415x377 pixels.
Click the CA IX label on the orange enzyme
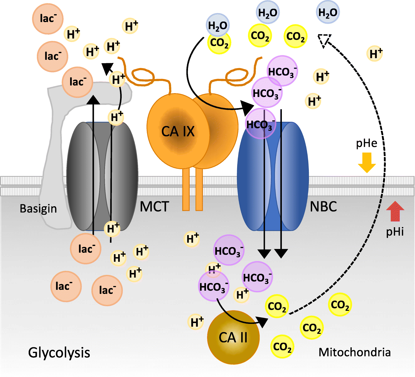pyautogui.click(x=178, y=132)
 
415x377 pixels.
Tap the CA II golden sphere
pyautogui.click(x=233, y=338)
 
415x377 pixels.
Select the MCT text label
pyautogui.click(x=154, y=207)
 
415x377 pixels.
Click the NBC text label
pyautogui.click(x=323, y=207)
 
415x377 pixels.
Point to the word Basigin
pyautogui.click(x=38, y=209)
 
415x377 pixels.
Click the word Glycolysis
pyautogui.click(x=59, y=353)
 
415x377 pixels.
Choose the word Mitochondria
pyautogui.click(x=354, y=352)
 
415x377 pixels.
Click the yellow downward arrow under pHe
pyautogui.click(x=367, y=162)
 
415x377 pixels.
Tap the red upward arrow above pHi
pyautogui.click(x=395, y=211)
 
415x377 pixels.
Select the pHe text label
pyautogui.click(x=366, y=143)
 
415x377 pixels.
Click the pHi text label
pyautogui.click(x=395, y=232)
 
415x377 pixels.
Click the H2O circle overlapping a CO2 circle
pyautogui.click(x=217, y=25)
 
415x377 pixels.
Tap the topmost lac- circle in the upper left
pyautogui.click(x=48, y=19)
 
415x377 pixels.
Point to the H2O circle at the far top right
pyautogui.click(x=328, y=12)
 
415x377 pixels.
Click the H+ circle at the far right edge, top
pyautogui.click(x=375, y=54)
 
